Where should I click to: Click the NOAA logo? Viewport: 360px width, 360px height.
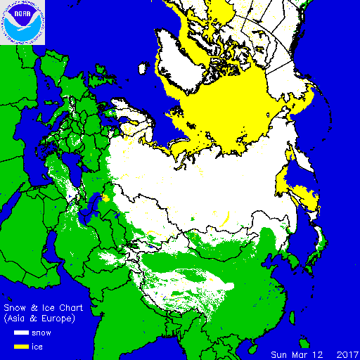(x=22, y=22)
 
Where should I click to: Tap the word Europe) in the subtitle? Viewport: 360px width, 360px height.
(x=55, y=319)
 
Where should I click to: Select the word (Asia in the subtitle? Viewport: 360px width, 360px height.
(x=18, y=319)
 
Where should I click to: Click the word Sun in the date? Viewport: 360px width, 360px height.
(x=281, y=354)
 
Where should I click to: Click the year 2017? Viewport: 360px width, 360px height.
(x=347, y=354)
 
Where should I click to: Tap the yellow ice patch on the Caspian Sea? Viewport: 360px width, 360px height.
(x=105, y=198)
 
